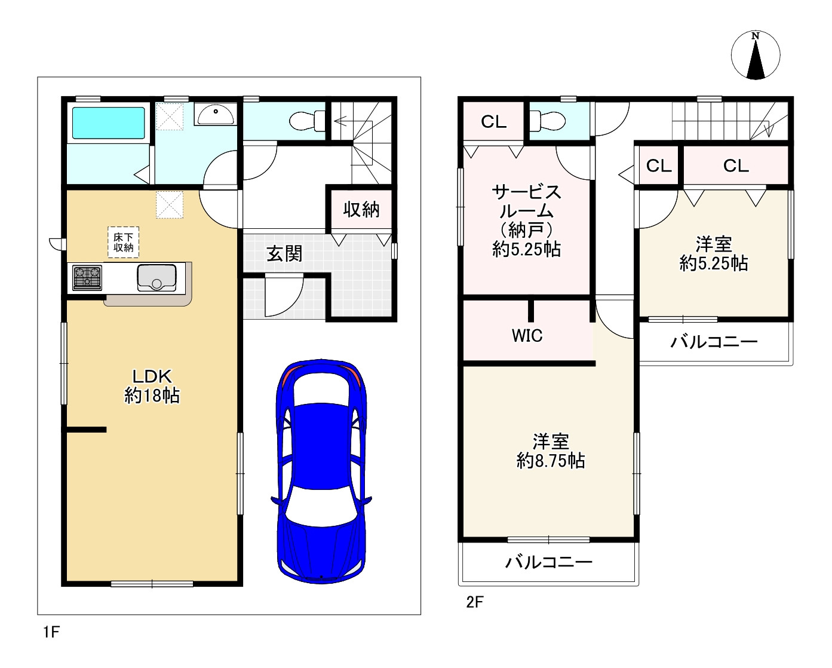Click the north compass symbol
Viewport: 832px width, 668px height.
[x=756, y=55]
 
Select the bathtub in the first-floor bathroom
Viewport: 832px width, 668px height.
[x=108, y=122]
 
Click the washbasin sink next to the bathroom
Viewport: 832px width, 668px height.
[x=215, y=114]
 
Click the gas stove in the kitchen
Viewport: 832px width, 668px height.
[x=87, y=278]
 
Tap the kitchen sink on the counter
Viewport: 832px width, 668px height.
[x=156, y=278]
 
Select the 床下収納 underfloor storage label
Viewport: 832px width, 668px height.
[x=124, y=242]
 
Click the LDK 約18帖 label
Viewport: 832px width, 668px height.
[x=152, y=386]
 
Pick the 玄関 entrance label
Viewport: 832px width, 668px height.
[x=284, y=254]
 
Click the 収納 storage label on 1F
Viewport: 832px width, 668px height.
[x=361, y=210]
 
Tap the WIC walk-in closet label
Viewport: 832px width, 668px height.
[x=527, y=336]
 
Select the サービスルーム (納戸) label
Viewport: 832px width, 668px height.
[x=526, y=220]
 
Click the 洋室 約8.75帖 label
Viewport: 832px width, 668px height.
[x=550, y=451]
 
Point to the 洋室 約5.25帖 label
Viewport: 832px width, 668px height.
[x=713, y=254]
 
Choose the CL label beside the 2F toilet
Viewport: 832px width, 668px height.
[x=493, y=122]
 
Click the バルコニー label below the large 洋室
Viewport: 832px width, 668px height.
[x=548, y=562]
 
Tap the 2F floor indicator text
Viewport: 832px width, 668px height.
[x=474, y=602]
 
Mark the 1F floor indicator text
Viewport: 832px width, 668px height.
[x=51, y=632]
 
